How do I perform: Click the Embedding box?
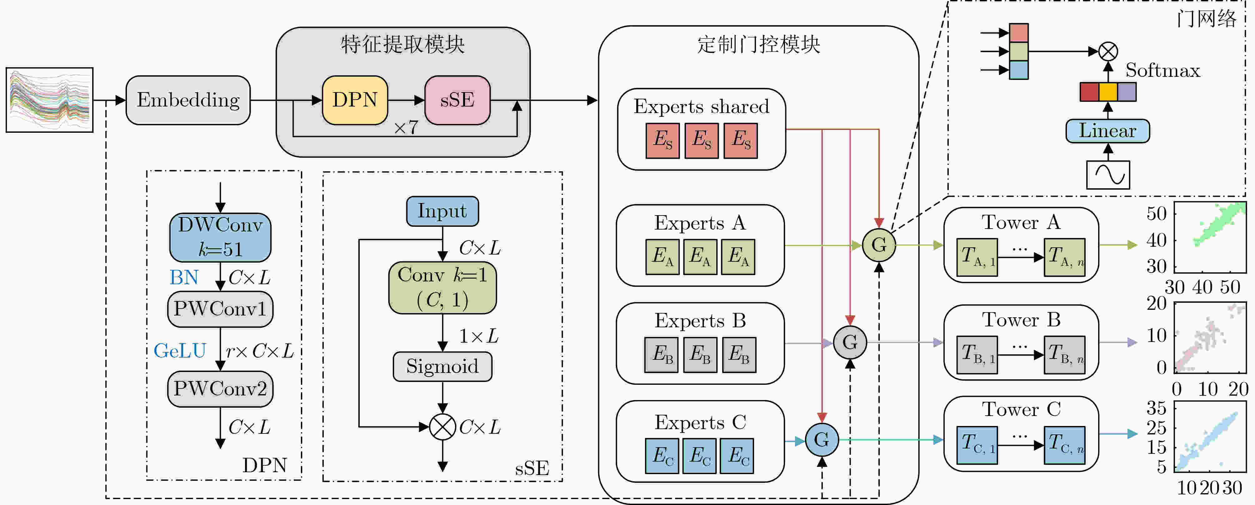(x=188, y=100)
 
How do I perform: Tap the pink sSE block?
(x=457, y=100)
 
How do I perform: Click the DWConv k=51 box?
(x=220, y=237)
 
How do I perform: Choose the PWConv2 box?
(x=220, y=389)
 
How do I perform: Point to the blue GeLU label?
(x=180, y=351)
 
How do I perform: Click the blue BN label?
(x=184, y=277)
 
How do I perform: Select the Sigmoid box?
(x=442, y=366)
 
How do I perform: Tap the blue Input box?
(x=442, y=211)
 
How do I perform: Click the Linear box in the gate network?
(x=1107, y=131)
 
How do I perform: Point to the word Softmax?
(x=1162, y=71)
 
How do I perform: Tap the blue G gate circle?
(x=822, y=440)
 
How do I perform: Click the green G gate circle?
(x=879, y=245)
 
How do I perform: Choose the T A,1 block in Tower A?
(x=977, y=257)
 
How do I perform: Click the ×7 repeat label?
(x=406, y=128)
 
